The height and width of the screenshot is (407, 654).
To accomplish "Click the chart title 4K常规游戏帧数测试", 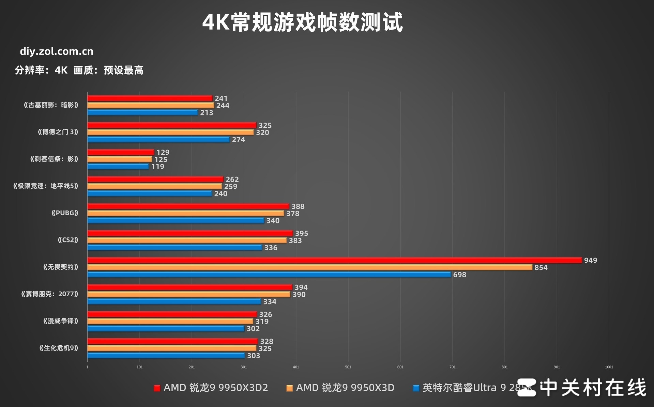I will point(302,22).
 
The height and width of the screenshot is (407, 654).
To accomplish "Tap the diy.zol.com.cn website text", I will point(57,51).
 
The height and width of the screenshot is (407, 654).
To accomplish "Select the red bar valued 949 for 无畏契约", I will point(334,260).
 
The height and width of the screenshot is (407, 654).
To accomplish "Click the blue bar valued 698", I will point(269,275).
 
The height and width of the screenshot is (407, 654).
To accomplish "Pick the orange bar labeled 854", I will point(309,267).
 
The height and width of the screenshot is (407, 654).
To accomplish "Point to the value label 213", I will point(207,113).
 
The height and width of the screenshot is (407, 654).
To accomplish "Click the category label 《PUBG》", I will point(65,213).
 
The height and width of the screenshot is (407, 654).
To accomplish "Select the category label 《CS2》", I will point(68,240).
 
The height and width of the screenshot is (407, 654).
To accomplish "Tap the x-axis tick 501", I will point(348,367).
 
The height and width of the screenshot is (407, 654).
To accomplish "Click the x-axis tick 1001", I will point(609,367).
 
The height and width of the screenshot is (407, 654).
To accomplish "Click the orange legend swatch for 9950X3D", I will point(289,388).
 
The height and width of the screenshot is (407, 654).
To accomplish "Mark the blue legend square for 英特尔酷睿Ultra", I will point(416,388).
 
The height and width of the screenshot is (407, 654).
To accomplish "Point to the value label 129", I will point(163,152).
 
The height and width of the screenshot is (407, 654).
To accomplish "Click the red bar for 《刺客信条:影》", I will point(121,152).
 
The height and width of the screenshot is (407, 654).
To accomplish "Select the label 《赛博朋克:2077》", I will point(50,294).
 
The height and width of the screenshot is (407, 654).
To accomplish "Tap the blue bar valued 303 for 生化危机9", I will point(166,356).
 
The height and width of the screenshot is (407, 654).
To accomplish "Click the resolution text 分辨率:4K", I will point(41,70).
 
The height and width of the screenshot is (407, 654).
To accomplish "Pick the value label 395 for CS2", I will point(301,233).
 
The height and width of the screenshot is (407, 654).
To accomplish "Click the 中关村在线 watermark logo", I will point(581,388).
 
